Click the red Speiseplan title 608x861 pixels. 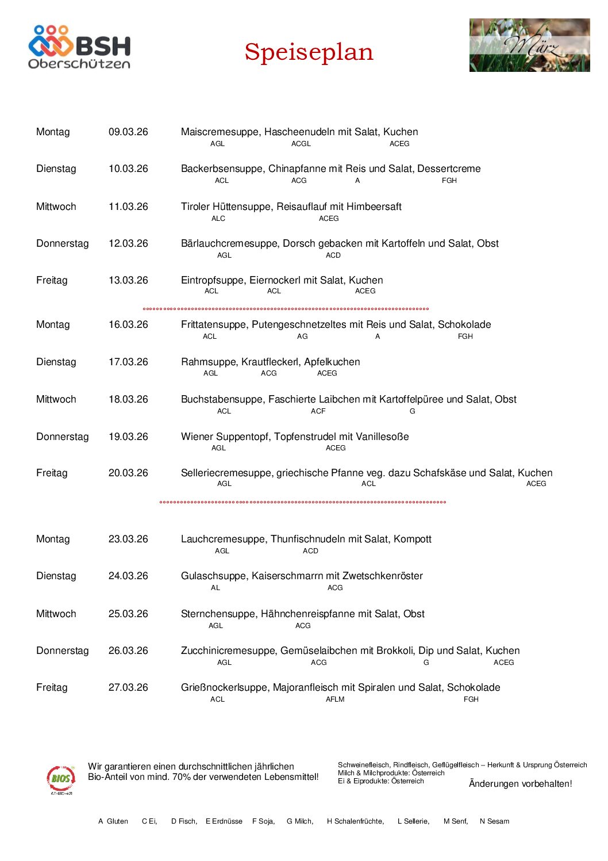point(309,52)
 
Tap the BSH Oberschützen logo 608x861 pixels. point(79,47)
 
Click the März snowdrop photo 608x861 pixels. point(529,45)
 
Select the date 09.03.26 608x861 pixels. point(128,132)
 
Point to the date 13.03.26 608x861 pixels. point(128,280)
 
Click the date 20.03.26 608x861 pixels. point(128,473)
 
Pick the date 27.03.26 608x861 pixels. point(128,687)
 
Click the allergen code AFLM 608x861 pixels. point(335,699)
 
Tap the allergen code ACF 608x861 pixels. point(318,411)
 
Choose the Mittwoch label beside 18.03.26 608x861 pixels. point(56,399)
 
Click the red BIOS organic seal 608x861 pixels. point(61,779)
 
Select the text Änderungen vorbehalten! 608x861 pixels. point(520,783)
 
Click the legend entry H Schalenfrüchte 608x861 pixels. point(355,821)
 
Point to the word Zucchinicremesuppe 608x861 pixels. point(228,650)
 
